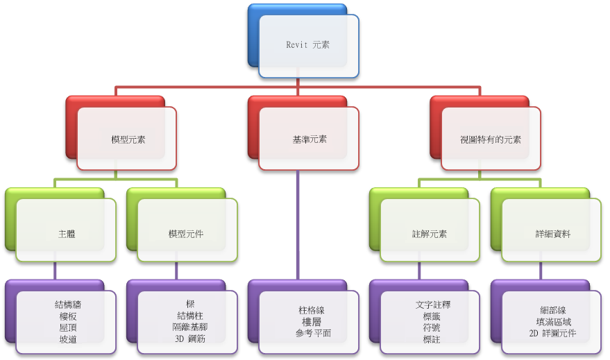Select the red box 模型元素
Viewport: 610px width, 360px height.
127,139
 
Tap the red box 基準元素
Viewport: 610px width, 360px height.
309,139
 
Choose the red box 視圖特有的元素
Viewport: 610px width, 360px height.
491,139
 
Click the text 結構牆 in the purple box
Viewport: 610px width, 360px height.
68,305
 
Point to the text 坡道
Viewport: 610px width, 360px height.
68,339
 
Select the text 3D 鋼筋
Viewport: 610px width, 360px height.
190,338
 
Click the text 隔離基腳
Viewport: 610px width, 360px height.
190,327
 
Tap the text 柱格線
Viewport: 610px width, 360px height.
311,310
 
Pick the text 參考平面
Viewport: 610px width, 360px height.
313,333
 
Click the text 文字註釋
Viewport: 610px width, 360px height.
433,305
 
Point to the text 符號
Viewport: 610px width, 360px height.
432,327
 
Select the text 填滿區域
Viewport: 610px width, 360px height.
554,322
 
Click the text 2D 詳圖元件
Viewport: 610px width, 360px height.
552,333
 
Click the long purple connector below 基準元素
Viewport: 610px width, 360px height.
298,225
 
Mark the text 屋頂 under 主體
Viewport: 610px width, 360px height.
68,327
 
